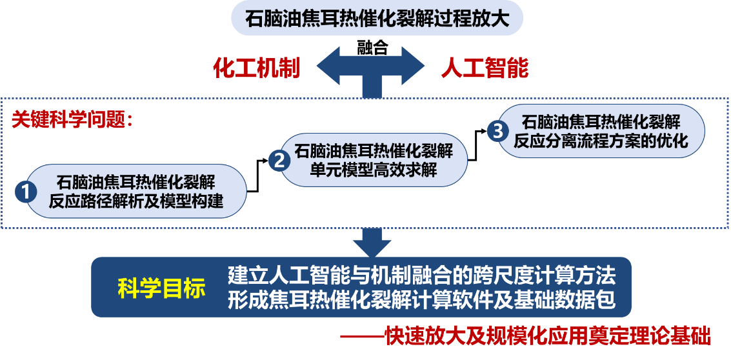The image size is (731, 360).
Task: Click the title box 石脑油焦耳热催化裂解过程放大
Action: point(377,19)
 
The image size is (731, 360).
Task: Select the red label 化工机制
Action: point(257,68)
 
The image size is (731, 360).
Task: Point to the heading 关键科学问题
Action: point(72,120)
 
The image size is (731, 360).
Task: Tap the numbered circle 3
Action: point(496,130)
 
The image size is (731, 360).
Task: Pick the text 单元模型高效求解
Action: point(374,170)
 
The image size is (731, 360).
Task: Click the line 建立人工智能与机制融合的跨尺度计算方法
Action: point(421,275)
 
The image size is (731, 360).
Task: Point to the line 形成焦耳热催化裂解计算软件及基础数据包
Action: point(421,300)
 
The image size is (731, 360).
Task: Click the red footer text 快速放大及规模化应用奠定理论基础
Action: point(547,335)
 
